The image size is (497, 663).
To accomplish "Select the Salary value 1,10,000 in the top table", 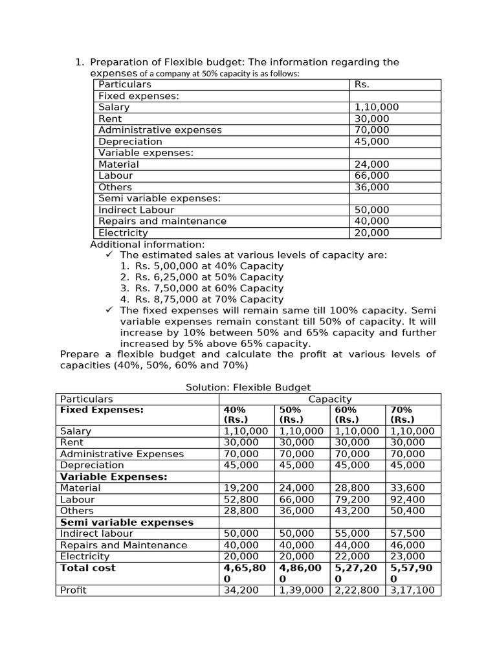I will point(377,107).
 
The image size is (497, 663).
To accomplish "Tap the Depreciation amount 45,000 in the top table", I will point(372,142).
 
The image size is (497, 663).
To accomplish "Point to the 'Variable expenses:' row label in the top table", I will point(146,153).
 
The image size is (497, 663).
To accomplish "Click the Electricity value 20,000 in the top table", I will point(372,233).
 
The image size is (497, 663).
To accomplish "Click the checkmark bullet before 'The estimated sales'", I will point(109,255).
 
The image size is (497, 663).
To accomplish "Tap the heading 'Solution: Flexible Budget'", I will point(248,387).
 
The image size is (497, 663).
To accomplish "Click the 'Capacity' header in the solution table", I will point(330,399).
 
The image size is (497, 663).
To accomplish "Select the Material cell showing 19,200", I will point(241,488).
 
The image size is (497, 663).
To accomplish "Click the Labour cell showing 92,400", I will point(407,500).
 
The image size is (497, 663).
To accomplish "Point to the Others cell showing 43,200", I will point(351,511).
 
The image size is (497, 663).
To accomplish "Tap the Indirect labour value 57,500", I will point(407,534).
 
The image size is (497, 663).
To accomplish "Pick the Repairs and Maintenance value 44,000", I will point(351,545).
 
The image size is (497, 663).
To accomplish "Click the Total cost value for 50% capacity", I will point(300,573).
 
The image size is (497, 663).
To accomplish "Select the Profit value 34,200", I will point(241,590).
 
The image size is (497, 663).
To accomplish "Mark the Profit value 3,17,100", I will point(412,590).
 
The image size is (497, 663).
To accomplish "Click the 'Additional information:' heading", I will point(147,244).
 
